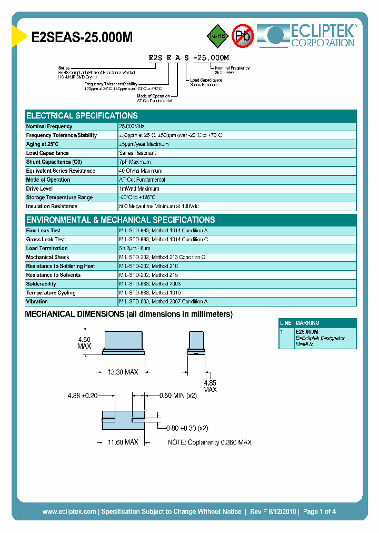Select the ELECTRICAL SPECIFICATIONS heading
pos(82,116)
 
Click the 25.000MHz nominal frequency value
pos(132,126)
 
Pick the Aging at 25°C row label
pos(43,144)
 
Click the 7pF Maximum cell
pos(135,162)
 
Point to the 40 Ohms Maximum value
pos(141,171)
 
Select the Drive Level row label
pos(40,189)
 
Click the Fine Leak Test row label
pos(43,231)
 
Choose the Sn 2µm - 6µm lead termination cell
pos(135,249)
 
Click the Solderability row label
pos(41,284)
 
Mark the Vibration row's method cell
pos(163,302)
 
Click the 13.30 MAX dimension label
pos(123,372)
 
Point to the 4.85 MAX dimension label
pos(210,386)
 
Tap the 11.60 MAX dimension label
pos(123,442)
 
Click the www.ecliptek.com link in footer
pos(69,511)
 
